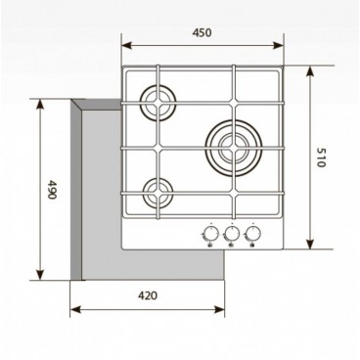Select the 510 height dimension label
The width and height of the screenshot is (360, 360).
point(319,158)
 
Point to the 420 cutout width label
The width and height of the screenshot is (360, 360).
point(149,295)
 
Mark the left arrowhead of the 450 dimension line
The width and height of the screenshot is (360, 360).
point(122,44)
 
